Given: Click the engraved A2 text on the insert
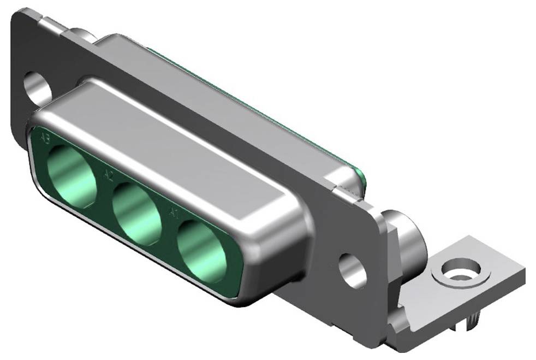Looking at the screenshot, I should (108, 175).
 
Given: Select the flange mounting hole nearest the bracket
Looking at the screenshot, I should (353, 270).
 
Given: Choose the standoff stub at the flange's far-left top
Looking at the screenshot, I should (82, 34).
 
